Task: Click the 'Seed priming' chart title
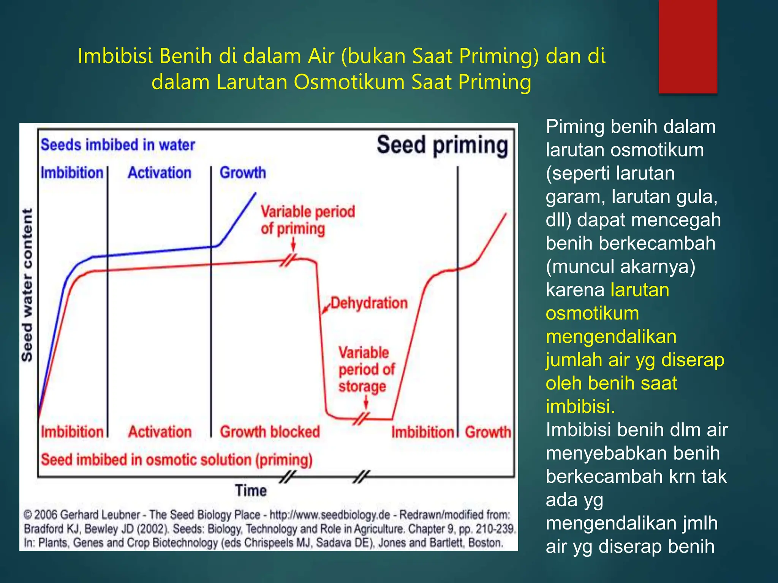pos(442,146)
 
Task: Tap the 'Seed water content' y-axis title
pos(27,285)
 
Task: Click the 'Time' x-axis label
pos(251,490)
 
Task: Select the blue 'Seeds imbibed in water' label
pos(118,145)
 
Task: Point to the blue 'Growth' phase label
pos(243,173)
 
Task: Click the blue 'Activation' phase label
pos(160,173)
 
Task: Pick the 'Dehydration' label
pos(369,303)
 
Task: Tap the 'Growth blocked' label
pos(270,432)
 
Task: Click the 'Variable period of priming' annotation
pos(308,220)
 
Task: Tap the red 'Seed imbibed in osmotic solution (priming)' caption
pos(177,460)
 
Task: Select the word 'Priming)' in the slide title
pos(499,56)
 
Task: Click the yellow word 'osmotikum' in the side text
pos(592,314)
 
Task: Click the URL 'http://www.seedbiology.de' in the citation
pos(330,515)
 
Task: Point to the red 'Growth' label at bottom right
pos(488,432)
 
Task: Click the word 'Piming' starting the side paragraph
pos(575,127)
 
